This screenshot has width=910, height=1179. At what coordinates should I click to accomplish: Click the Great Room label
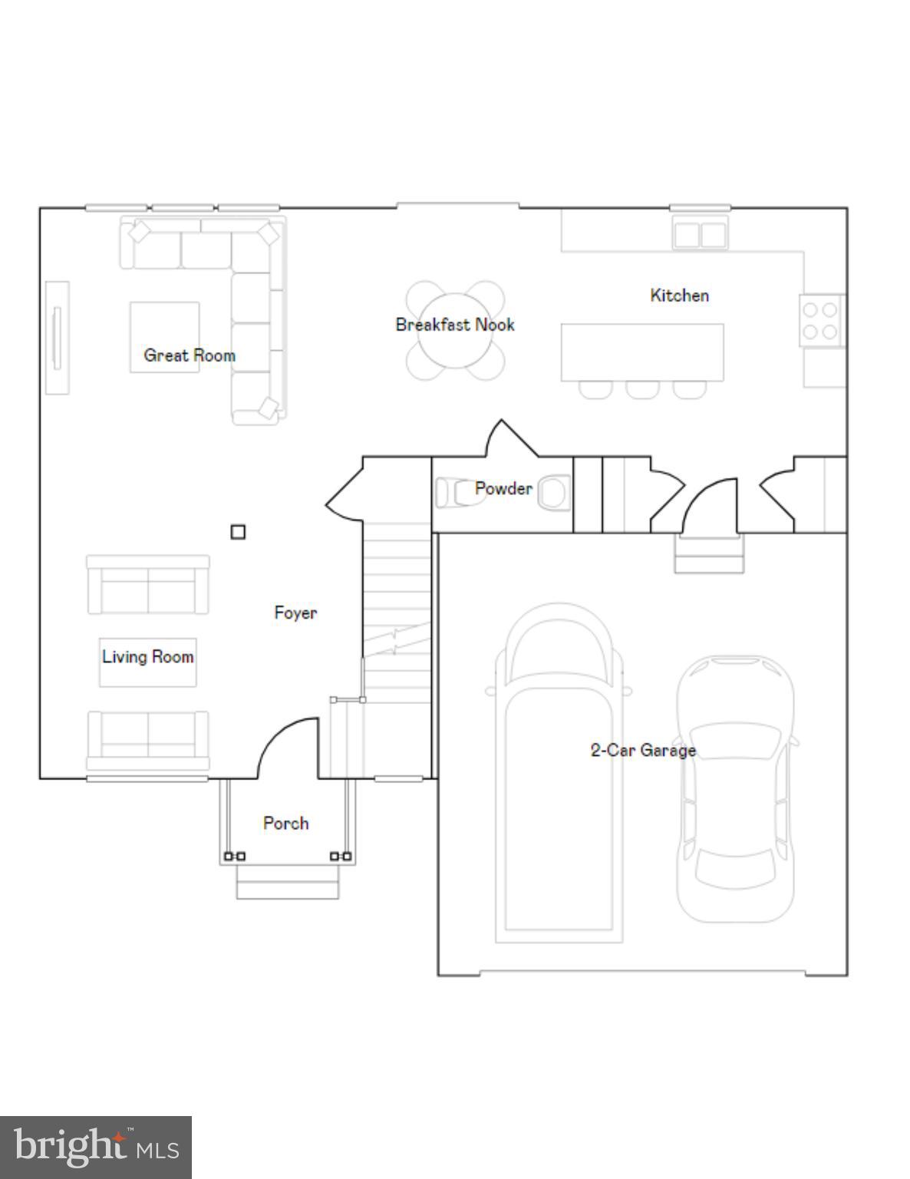click(190, 355)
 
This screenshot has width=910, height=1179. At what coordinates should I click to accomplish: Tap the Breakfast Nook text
click(455, 325)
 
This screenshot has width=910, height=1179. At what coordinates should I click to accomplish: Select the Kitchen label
click(679, 296)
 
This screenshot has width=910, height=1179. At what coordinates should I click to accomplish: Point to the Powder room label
click(503, 488)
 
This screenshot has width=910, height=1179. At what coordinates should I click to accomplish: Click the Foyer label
click(295, 613)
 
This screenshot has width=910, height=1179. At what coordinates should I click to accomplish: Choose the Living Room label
click(147, 657)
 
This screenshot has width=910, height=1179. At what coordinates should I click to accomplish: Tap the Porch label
click(285, 824)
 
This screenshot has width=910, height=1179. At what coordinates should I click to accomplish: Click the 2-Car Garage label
click(643, 750)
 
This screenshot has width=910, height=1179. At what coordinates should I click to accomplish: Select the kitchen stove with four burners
click(819, 321)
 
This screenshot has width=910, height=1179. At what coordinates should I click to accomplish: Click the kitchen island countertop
click(642, 352)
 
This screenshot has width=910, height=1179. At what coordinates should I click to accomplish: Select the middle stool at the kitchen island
click(642, 390)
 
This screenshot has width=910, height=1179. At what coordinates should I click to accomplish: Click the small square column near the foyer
click(238, 532)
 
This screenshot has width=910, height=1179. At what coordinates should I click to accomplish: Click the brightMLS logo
click(95, 1148)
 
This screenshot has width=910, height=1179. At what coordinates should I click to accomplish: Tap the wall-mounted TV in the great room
click(57, 338)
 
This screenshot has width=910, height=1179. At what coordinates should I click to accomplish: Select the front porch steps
click(287, 882)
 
